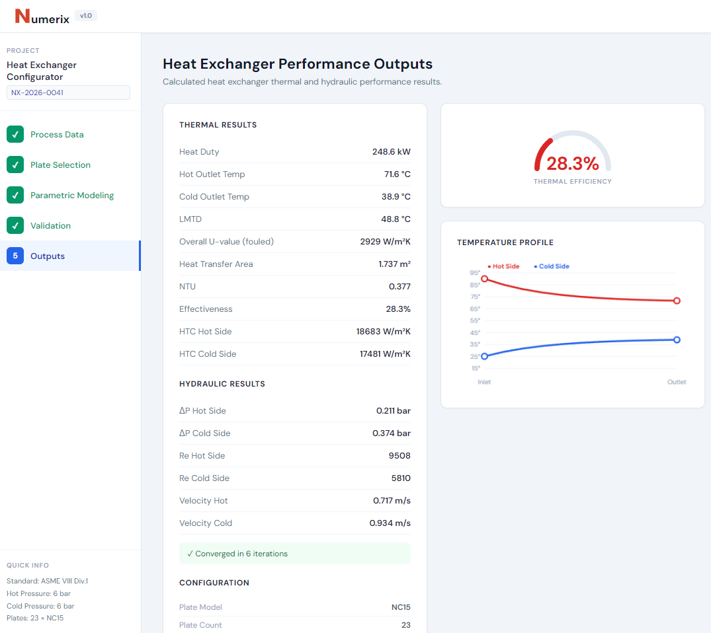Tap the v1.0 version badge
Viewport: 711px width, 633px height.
(86, 15)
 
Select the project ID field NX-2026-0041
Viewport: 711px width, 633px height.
(68, 93)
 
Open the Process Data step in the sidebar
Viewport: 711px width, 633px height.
(57, 134)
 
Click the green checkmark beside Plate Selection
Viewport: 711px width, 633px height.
(15, 165)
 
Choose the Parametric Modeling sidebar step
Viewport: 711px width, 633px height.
(72, 195)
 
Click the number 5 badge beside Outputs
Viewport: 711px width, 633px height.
(15, 256)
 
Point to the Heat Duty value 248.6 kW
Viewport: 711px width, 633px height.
(391, 152)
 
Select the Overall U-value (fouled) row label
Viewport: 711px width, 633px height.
(226, 242)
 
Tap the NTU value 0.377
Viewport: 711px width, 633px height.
(399, 287)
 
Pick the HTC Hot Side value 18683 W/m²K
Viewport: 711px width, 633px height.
(383, 332)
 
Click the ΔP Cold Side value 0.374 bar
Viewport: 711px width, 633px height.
(391, 433)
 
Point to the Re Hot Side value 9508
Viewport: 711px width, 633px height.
(399, 456)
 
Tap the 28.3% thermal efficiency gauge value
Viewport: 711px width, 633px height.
(572, 163)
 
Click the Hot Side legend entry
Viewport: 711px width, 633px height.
(504, 266)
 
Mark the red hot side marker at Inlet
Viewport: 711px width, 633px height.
(485, 279)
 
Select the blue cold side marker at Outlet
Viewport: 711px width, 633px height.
(677, 340)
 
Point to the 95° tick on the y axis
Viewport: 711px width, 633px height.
(475, 273)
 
